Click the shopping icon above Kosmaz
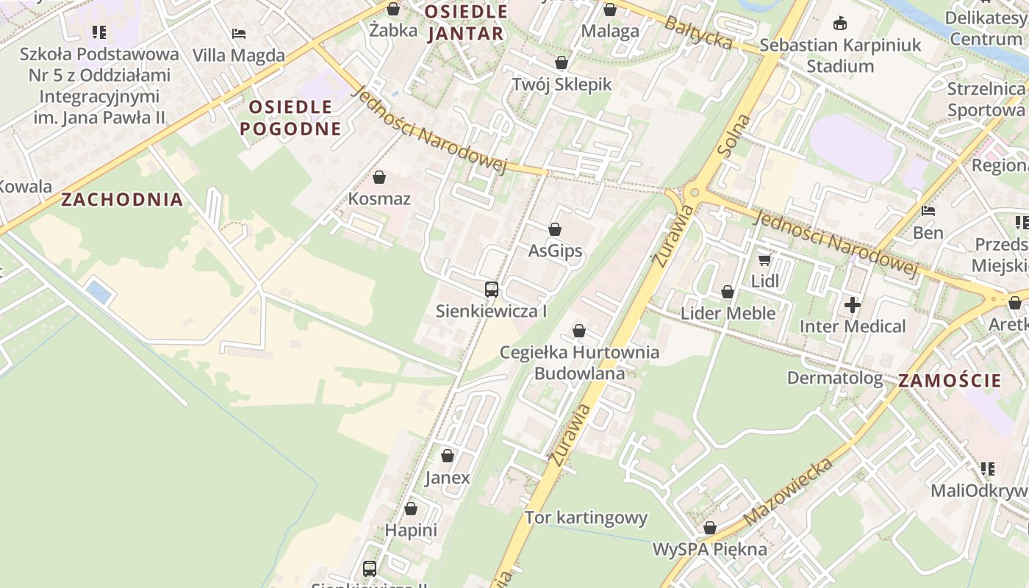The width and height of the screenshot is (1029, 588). [379, 177]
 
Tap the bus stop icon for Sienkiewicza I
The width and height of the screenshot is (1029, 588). [492, 290]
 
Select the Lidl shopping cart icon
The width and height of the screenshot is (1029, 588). [765, 259]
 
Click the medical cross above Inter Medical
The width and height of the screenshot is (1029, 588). [853, 304]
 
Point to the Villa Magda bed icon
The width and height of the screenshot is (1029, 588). [238, 34]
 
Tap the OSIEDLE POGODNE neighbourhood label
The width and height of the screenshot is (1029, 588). [290, 118]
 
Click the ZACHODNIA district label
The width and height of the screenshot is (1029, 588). [122, 199]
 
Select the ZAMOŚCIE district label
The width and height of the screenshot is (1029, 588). [950, 380]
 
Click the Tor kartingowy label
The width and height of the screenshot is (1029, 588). [586, 517]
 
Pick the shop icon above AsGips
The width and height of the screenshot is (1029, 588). [555, 230]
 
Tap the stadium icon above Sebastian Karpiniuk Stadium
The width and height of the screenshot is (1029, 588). [840, 24]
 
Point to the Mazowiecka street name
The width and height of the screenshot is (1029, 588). [789, 490]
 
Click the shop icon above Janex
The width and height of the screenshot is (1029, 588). [448, 456]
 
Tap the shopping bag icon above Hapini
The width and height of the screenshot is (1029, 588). [411, 509]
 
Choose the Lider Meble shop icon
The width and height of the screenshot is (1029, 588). [728, 293]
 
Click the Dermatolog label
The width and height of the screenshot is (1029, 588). [835, 378]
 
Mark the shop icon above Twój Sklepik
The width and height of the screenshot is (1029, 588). [562, 62]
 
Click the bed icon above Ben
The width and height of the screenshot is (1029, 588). [928, 212]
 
